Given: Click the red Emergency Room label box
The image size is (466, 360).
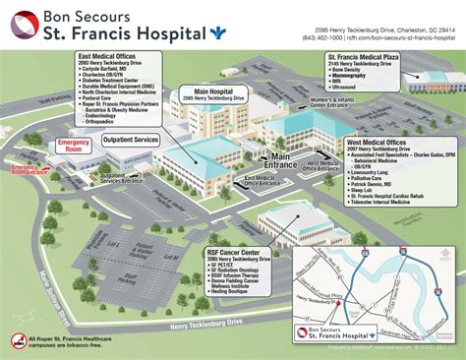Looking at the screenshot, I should [x=73, y=148].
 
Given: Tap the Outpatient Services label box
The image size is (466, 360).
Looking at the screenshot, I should [x=124, y=140].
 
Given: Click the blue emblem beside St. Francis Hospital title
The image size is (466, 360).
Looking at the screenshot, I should [x=215, y=32].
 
